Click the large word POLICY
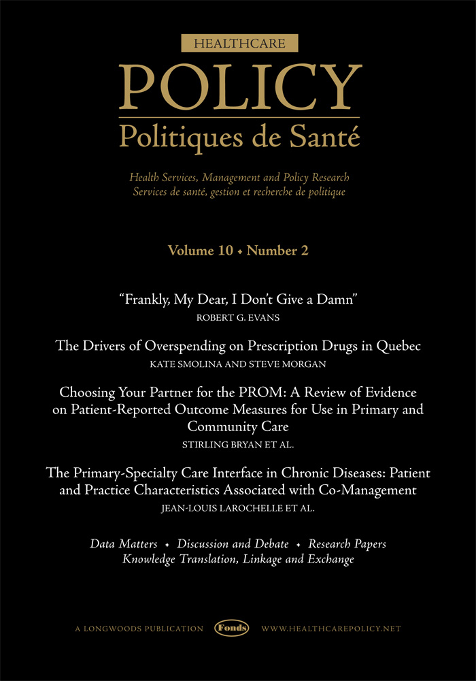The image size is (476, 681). tap(239, 86)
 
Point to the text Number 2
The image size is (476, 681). tap(277, 251)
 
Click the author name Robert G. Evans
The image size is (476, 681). tap(238, 317)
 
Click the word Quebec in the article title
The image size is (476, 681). tap(397, 347)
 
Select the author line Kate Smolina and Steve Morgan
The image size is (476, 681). tap(238, 364)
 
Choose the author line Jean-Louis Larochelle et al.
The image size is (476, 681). tap(238, 507)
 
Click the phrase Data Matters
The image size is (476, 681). tap(124, 544)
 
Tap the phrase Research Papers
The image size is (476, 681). tap(347, 544)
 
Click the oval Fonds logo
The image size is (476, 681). tap(232, 628)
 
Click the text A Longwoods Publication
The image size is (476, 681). tap(139, 629)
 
